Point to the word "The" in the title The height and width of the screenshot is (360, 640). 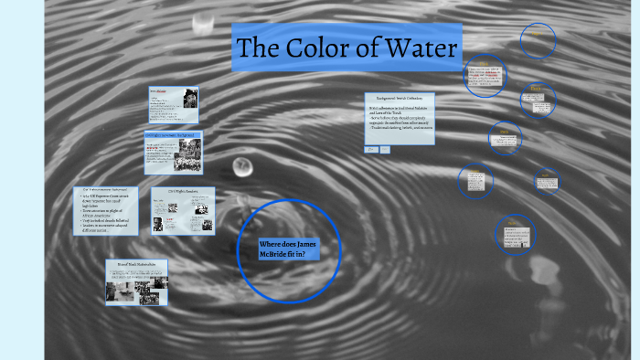260,48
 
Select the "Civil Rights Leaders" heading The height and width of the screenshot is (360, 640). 183,192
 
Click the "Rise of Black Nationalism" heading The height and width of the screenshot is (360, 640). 136,264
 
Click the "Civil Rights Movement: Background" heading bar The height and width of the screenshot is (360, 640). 173,134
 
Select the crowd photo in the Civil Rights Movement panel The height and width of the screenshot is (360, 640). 173,155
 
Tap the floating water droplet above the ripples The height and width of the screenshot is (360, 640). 242,166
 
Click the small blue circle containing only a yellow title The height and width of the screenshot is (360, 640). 539,40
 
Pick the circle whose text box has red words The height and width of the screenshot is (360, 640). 485,75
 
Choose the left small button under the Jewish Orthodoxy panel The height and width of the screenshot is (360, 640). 371,149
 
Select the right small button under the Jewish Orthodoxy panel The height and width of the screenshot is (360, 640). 385,149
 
